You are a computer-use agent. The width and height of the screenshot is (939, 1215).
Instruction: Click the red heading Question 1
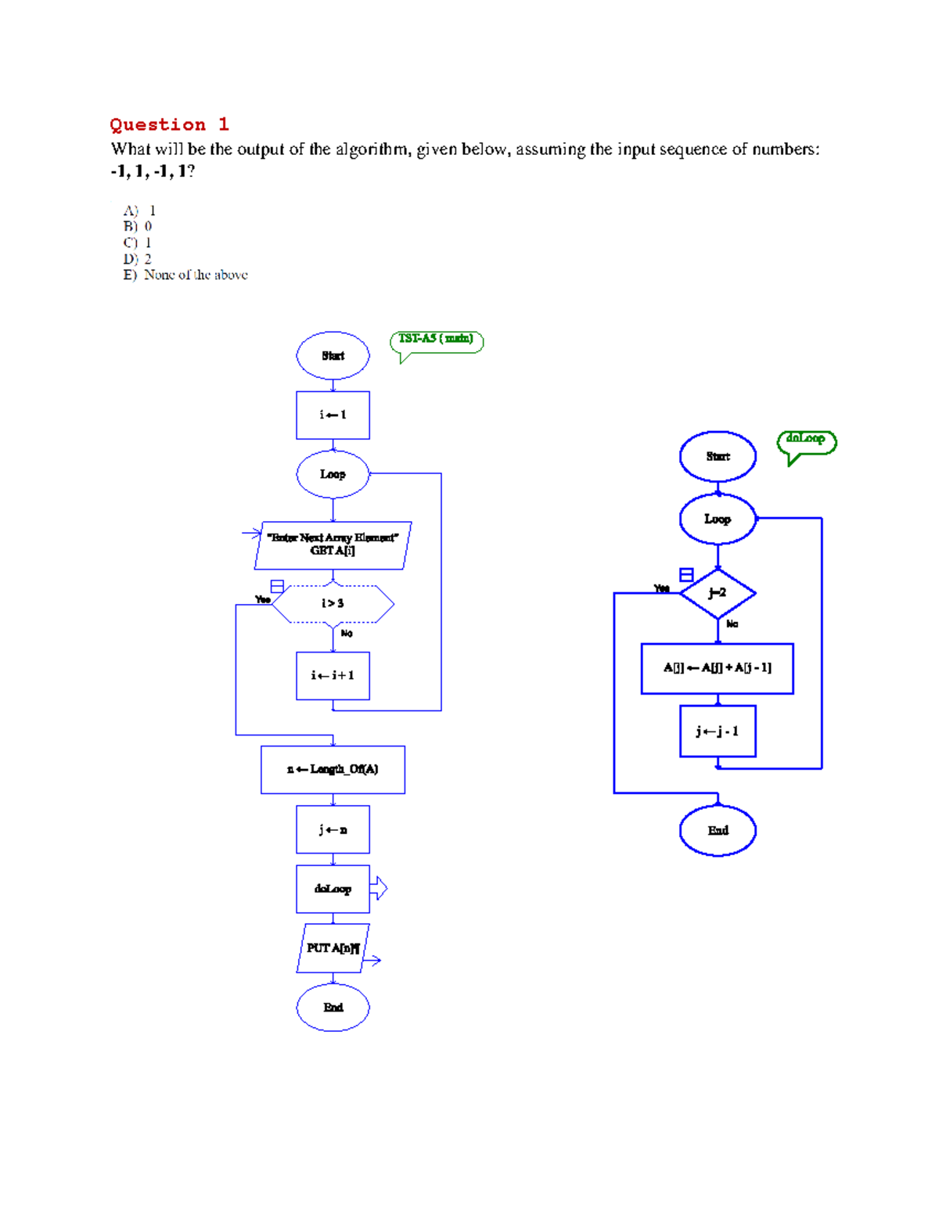(169, 124)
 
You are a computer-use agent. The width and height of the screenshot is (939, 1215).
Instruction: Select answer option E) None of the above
(185, 275)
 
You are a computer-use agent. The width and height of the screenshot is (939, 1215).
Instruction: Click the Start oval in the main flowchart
(333, 356)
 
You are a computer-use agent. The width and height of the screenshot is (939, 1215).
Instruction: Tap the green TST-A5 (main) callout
(436, 340)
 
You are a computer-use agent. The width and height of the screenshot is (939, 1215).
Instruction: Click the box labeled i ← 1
(333, 415)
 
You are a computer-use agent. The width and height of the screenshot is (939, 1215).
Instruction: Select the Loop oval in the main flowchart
(333, 474)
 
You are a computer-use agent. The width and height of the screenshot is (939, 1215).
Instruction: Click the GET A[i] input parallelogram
(333, 545)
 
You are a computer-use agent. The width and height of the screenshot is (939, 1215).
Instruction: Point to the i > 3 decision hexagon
(333, 603)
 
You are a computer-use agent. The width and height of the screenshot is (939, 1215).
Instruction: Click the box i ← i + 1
(333, 675)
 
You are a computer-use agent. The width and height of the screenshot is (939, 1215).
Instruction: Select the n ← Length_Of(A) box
(333, 770)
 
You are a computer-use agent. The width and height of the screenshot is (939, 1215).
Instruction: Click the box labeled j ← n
(333, 829)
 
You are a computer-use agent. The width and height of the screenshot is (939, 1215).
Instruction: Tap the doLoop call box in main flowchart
(333, 889)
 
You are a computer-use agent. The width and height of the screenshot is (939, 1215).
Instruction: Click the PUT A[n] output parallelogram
(333, 948)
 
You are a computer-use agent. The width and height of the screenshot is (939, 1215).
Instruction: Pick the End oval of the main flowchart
(333, 1008)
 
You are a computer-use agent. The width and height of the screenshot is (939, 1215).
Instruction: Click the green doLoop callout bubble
(806, 440)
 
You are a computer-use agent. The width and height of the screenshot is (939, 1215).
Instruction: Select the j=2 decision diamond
(718, 593)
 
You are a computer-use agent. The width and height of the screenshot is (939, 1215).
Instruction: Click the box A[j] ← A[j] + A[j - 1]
(717, 668)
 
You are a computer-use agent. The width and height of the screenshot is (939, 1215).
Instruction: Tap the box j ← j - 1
(718, 732)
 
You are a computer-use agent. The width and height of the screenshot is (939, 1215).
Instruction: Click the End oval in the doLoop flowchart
(718, 831)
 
